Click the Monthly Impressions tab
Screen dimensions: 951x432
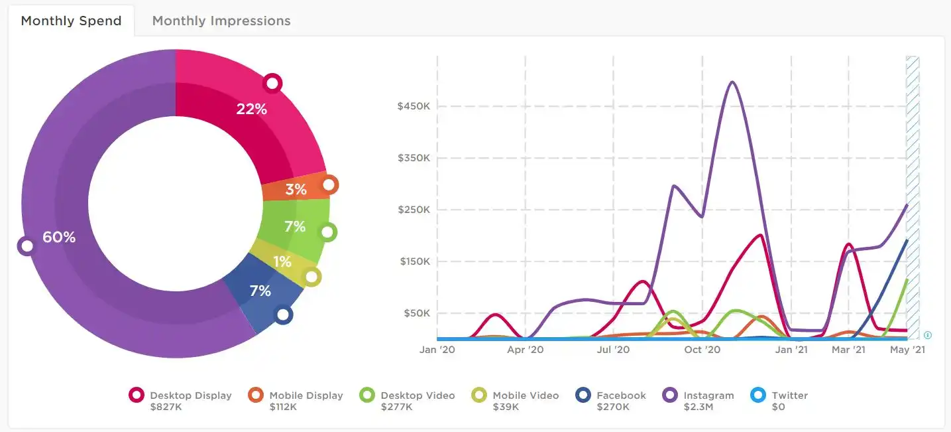pos(221,21)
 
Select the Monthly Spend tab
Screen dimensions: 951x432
pos(71,21)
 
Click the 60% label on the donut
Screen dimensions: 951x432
pos(59,237)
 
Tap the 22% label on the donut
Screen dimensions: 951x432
pos(252,109)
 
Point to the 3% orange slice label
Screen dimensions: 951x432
pos(296,189)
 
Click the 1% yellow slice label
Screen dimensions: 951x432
pos(282,261)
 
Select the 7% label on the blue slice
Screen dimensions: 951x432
pos(260,291)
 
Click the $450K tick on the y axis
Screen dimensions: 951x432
pos(414,106)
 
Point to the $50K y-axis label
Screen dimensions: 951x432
pos(417,313)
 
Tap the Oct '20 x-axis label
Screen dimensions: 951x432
pos(702,350)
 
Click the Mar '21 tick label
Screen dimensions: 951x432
pos(848,350)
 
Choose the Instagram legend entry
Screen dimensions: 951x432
pos(699,401)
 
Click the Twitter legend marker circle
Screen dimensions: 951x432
pos(758,395)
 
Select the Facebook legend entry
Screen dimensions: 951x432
pos(611,401)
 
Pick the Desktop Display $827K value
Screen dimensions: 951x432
pos(166,407)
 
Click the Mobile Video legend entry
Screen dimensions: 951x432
pos(515,401)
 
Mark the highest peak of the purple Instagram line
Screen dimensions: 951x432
pos(732,82)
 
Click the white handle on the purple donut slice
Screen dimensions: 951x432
pos(27,246)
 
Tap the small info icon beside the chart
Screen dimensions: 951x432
pos(928,335)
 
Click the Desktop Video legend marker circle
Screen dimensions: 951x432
pos(367,395)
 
